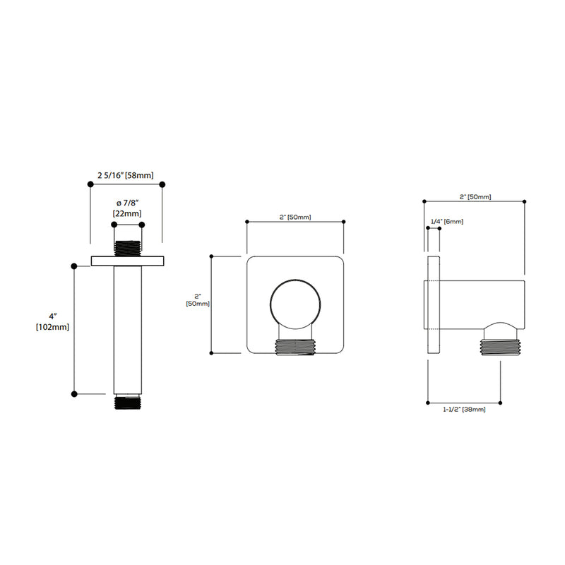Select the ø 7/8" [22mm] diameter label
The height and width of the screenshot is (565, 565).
pos(127,209)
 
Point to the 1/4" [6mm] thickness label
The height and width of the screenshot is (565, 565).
pos(446,222)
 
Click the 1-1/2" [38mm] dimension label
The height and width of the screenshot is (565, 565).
pos(464,410)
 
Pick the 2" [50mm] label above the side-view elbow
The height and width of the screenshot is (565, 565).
pos(475,196)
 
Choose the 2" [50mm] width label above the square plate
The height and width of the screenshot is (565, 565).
pos(295,217)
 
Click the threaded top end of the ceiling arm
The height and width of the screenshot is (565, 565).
pos(127,248)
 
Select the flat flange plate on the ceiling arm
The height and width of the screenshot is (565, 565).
pos(127,260)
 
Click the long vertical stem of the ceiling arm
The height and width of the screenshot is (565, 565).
pos(127,328)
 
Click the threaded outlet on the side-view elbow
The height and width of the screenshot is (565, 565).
pos(500,346)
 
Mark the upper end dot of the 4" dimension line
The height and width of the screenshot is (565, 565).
pos(74,266)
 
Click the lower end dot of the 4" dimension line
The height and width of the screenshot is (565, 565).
pos(74,393)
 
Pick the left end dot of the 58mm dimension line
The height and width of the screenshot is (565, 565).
pos(90,184)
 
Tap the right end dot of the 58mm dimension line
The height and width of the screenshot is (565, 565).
pos(163,184)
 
